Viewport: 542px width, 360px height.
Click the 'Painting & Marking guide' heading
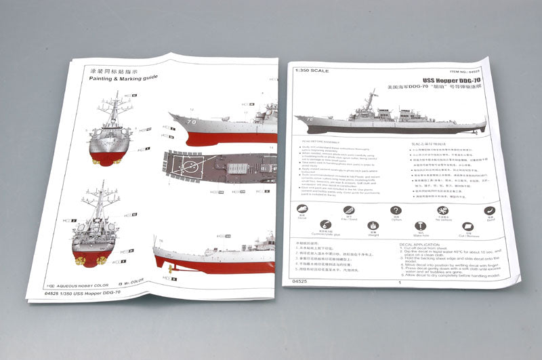123,79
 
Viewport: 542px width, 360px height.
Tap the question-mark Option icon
396,210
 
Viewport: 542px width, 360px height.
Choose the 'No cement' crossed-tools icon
442,210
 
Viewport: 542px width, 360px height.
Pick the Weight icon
373,226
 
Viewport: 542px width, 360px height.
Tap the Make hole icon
419,226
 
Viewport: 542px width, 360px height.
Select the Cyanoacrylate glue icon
326,225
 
